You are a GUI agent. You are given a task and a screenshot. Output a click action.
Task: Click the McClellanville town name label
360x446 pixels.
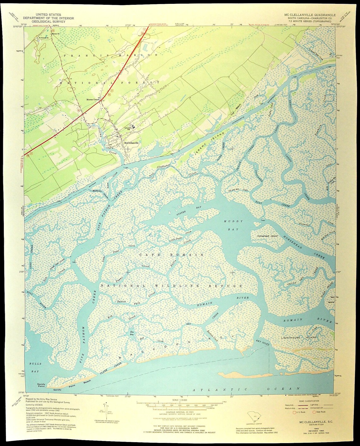tap(132, 142)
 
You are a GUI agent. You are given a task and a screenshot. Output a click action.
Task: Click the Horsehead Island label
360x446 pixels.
tap(267, 236)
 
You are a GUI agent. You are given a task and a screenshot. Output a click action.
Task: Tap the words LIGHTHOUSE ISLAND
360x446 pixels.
tap(298, 337)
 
